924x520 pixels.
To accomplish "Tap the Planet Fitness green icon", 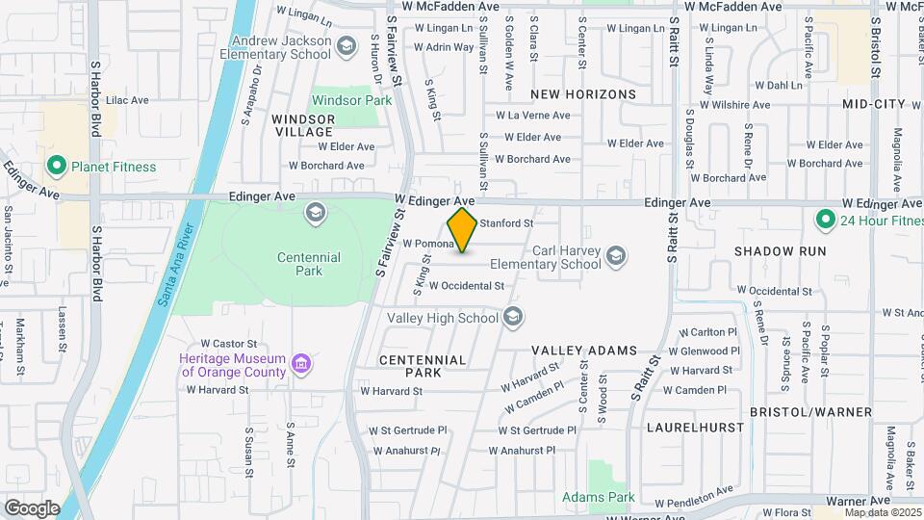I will pyautogui.click(x=56, y=167).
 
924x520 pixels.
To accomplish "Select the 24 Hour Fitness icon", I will pyautogui.click(x=824, y=221).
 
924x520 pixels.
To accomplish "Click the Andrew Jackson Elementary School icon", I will pyautogui.click(x=346, y=43).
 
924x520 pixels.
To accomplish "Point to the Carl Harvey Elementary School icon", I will pyautogui.click(x=615, y=256).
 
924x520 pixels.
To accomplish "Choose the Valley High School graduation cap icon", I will pyautogui.click(x=513, y=317).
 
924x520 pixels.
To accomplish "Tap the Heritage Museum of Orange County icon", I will pyautogui.click(x=301, y=364).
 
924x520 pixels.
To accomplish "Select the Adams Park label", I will pyautogui.click(x=599, y=497).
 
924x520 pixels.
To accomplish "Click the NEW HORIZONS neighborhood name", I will pyautogui.click(x=583, y=94).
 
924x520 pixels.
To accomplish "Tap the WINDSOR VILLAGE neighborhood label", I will pyautogui.click(x=303, y=126).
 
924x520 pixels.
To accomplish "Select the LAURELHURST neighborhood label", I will pyautogui.click(x=691, y=426).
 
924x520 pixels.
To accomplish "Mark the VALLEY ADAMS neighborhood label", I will pyautogui.click(x=584, y=350).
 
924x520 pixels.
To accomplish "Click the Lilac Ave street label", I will pyautogui.click(x=127, y=99).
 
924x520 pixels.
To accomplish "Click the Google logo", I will pyautogui.click(x=31, y=507).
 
